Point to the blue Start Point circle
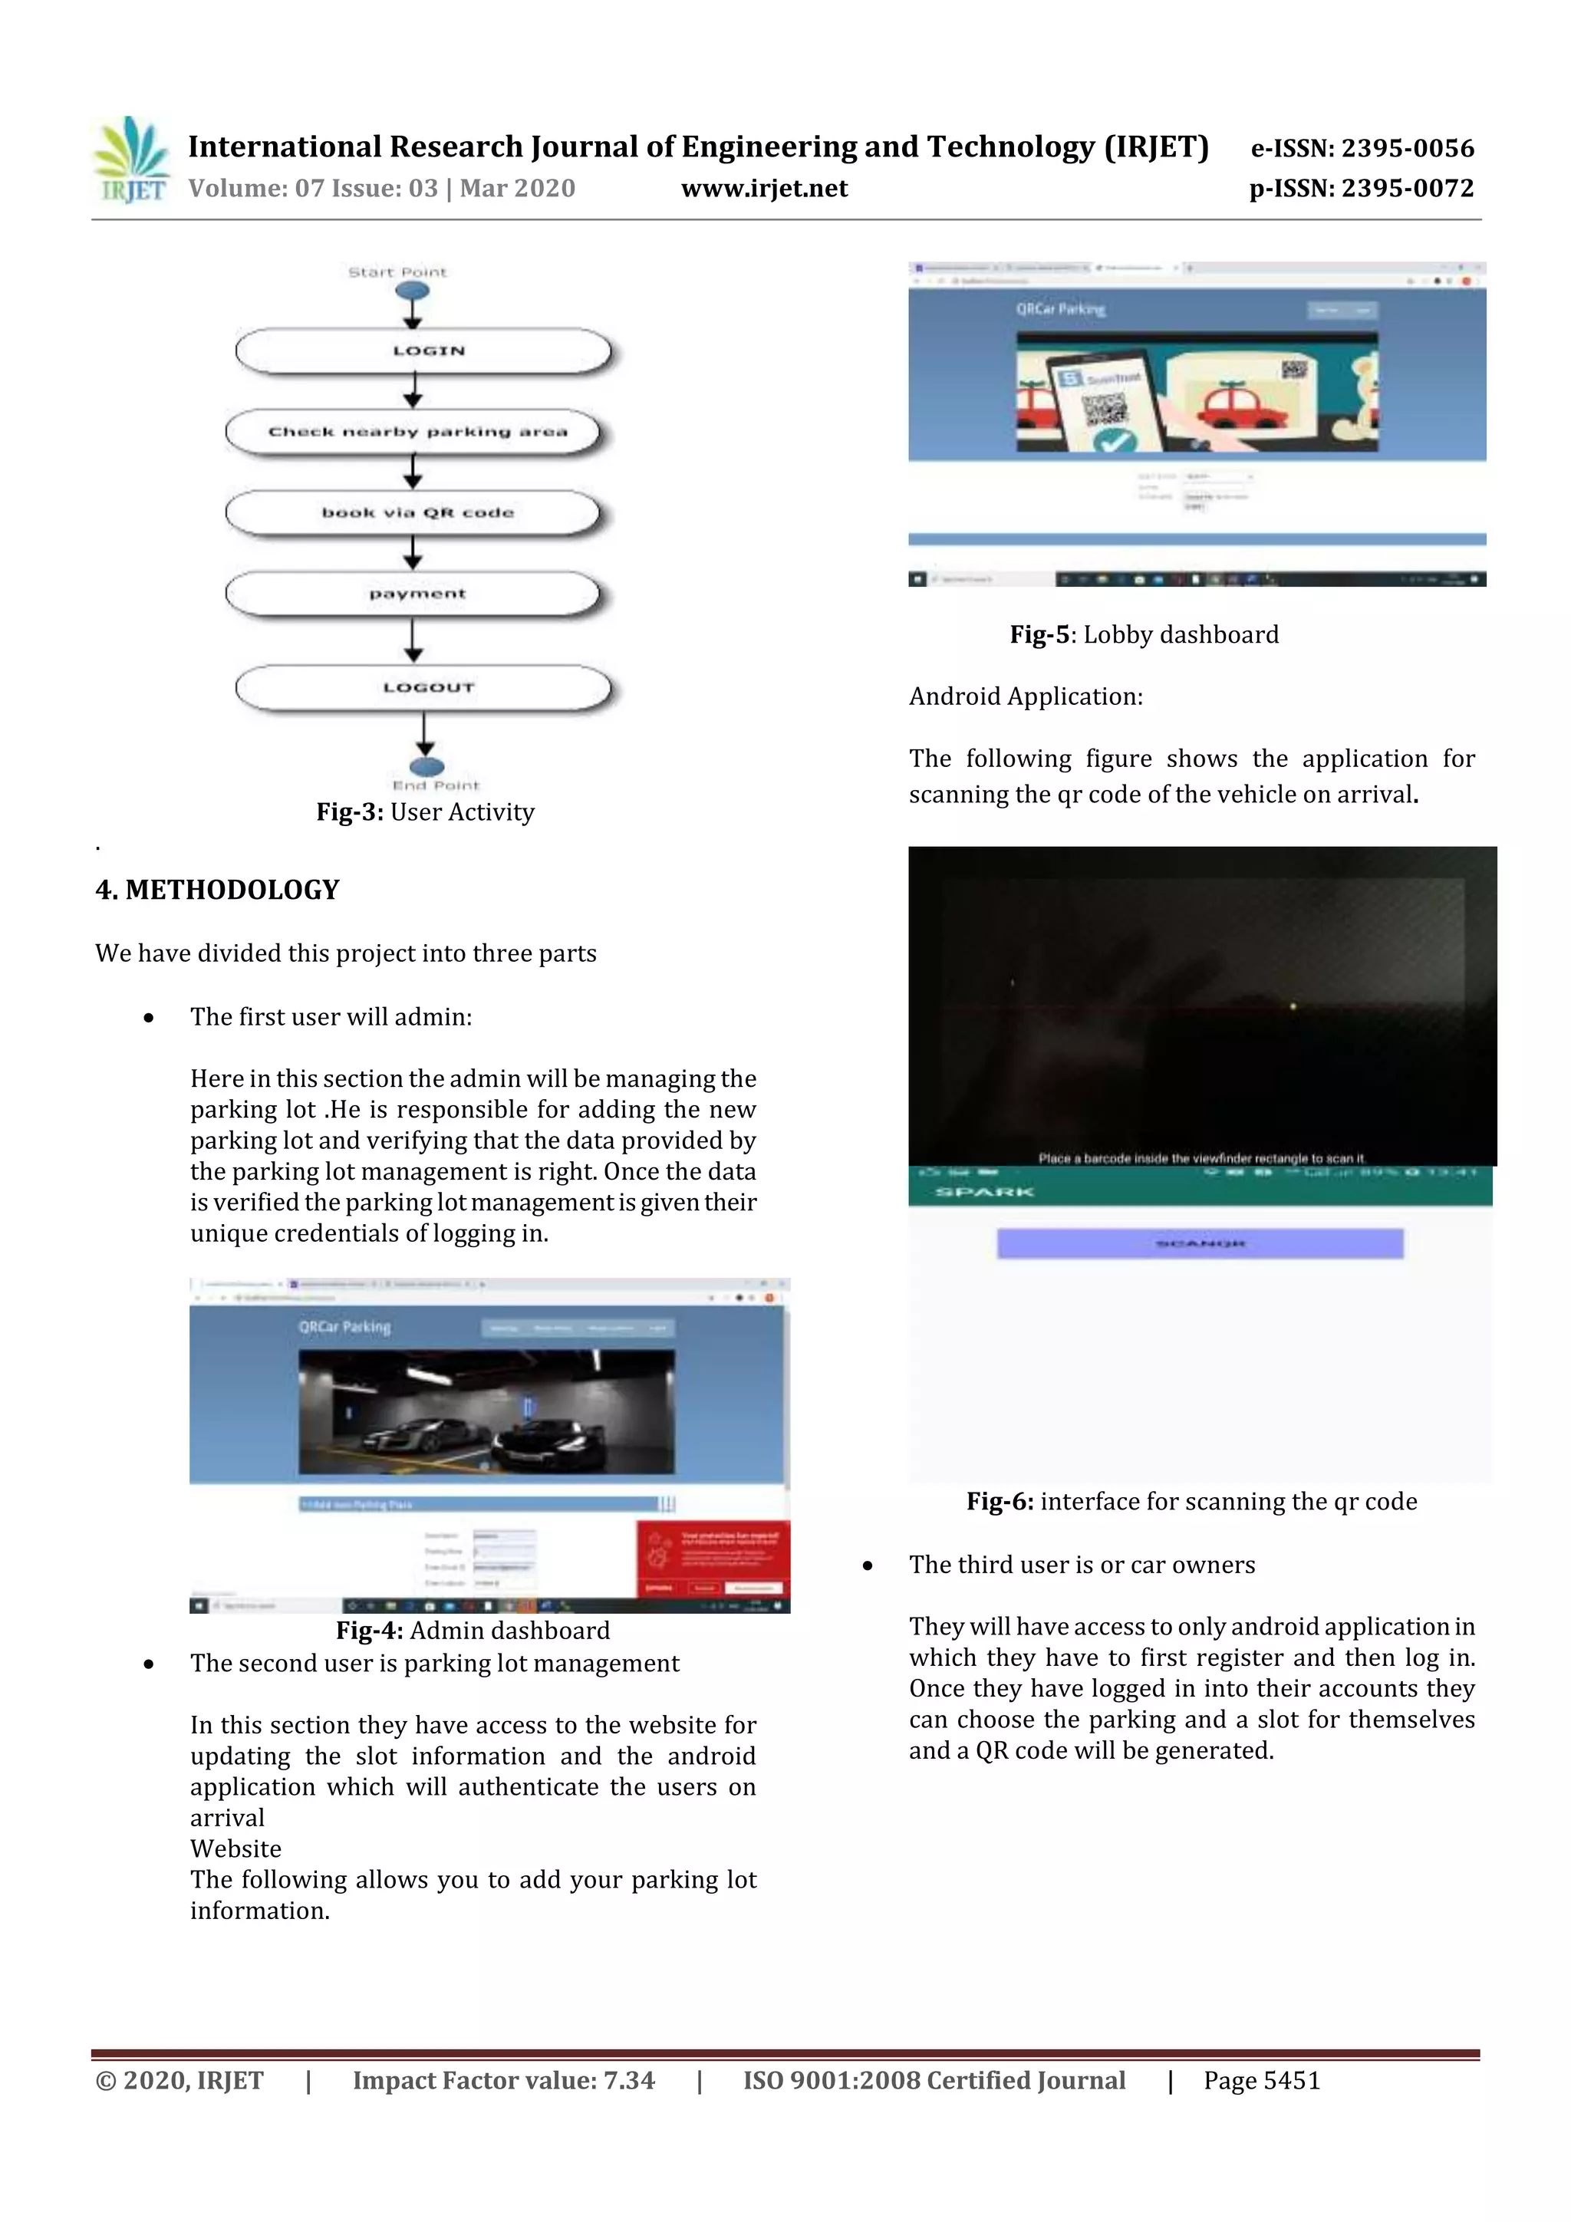(x=413, y=291)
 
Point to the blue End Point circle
(x=427, y=769)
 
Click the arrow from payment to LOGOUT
(x=413, y=639)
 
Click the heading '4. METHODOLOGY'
(x=217, y=890)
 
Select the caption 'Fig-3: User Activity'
(x=425, y=812)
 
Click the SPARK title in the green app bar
(x=984, y=1191)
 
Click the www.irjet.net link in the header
(x=764, y=189)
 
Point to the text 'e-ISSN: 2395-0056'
(x=1362, y=148)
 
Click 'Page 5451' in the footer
(x=1261, y=2081)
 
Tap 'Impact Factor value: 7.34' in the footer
(x=503, y=2081)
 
